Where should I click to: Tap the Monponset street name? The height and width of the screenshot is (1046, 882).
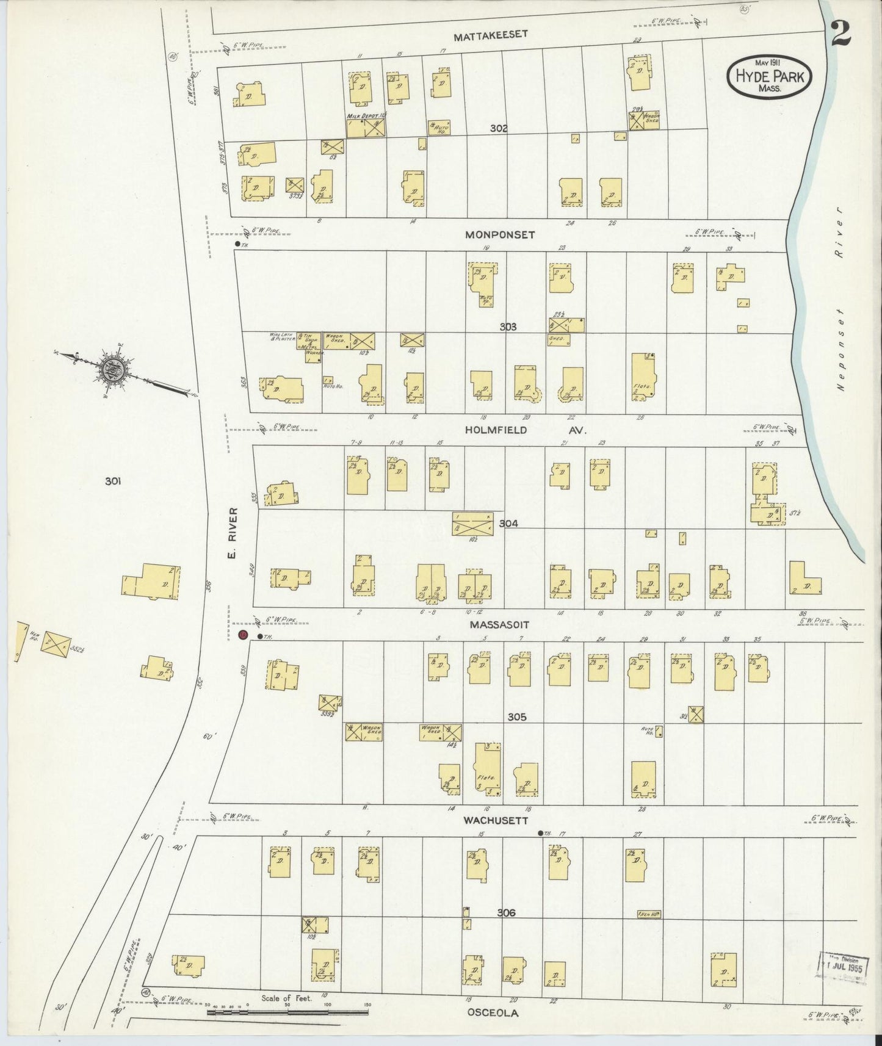click(499, 234)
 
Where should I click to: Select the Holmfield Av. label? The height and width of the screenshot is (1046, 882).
click(525, 430)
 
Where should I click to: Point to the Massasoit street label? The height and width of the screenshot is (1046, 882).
click(499, 625)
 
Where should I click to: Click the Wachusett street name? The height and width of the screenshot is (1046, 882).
click(495, 821)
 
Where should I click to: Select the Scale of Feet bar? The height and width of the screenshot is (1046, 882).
click(287, 1012)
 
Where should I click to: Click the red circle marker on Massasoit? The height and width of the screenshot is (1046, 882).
click(242, 636)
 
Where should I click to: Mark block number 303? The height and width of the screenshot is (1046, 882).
click(508, 327)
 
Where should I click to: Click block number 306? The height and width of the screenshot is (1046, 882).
click(506, 913)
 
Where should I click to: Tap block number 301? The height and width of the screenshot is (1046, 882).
click(112, 482)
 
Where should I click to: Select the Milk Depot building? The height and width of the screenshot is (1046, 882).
click(366, 127)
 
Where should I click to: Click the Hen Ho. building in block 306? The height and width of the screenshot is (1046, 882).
click(649, 914)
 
